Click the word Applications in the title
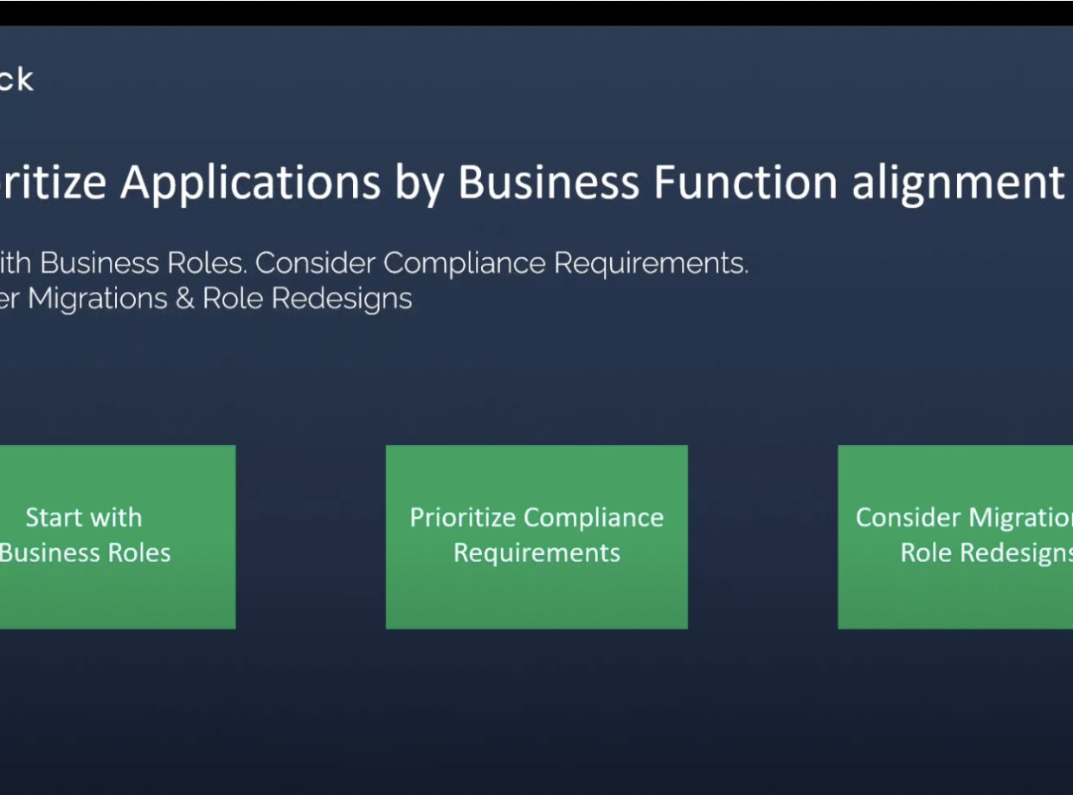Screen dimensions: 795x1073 point(250,182)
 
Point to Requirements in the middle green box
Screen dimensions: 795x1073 point(536,553)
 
